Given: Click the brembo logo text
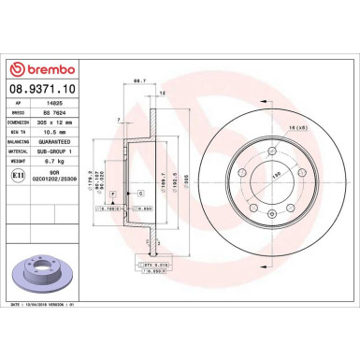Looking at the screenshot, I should pos(43,67).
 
